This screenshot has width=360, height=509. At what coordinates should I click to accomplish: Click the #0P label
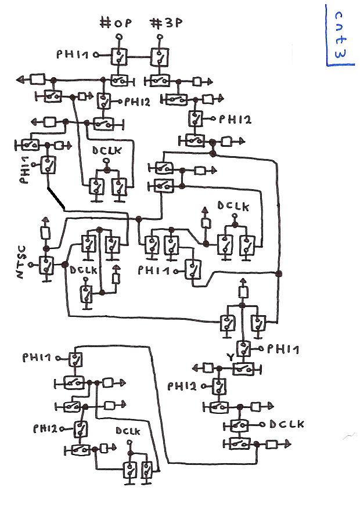[x=116, y=24]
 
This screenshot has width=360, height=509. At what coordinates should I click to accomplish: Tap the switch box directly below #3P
[x=159, y=57]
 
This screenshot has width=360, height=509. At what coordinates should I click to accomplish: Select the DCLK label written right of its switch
[x=286, y=424]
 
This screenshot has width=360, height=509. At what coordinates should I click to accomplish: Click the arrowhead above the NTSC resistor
[x=45, y=221]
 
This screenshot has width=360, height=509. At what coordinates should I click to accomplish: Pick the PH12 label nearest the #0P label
[x=137, y=102]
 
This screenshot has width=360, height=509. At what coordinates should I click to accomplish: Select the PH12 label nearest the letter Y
[x=182, y=385]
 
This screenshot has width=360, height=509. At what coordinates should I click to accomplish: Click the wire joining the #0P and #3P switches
[x=139, y=57]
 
